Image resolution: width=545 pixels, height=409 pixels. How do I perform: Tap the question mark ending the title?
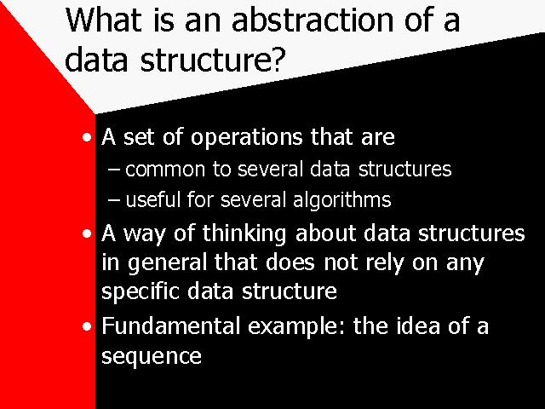[276, 58]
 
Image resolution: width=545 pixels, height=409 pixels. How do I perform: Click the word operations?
[247, 138]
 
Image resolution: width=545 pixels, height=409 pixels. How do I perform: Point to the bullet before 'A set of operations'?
[87, 138]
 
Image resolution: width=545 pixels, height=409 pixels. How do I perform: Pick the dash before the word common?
[114, 170]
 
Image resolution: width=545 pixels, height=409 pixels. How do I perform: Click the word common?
[165, 170]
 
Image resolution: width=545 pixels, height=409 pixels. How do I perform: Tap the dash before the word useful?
[114, 200]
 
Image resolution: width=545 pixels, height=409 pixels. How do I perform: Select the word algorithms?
[342, 201]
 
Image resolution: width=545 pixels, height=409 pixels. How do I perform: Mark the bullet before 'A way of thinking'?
[87, 233]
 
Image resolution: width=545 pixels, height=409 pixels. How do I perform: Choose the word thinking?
[244, 234]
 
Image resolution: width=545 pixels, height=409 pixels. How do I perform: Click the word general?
[167, 263]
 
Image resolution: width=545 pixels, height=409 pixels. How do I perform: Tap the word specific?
[141, 291]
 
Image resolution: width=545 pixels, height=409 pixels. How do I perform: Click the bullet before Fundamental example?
[87, 326]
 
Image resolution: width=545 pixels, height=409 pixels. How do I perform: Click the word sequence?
[152, 357]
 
